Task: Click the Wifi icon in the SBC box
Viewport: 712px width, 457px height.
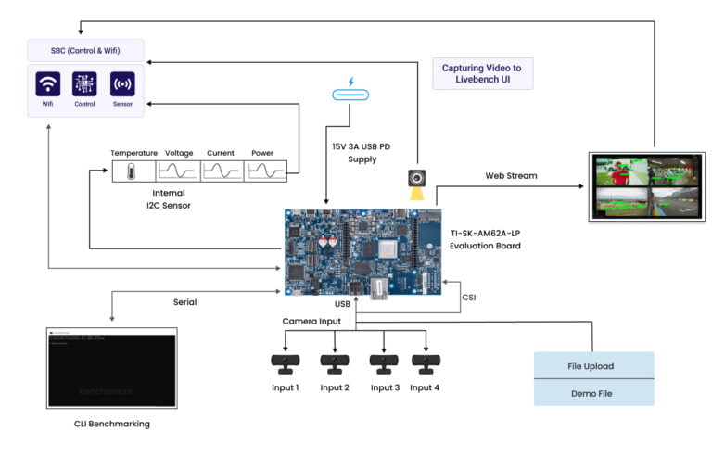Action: point(47,84)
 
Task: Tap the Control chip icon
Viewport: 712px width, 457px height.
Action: point(84,84)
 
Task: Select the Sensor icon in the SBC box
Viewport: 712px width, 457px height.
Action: point(122,84)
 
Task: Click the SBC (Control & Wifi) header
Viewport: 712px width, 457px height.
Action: point(85,48)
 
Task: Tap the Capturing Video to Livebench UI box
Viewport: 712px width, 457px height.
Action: point(483,73)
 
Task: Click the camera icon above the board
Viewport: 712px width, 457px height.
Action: point(418,178)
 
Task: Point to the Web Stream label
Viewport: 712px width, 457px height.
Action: point(511,175)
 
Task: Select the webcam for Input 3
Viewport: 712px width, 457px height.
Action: point(383,363)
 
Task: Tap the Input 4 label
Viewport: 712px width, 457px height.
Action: point(425,387)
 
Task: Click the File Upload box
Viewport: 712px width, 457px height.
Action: point(593,365)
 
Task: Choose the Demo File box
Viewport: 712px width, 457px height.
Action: point(593,392)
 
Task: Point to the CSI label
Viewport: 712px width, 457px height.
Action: point(470,297)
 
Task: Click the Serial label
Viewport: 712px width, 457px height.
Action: point(184,301)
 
